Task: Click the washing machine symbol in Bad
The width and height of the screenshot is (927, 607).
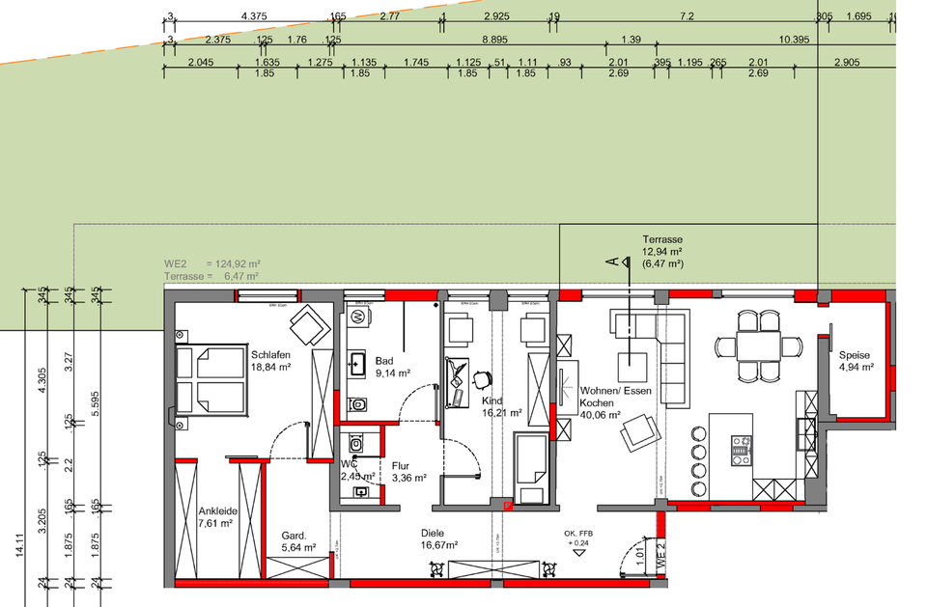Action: click(x=357, y=316)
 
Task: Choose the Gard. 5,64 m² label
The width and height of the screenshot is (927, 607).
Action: click(x=294, y=541)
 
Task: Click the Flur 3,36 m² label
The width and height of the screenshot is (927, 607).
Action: click(x=407, y=470)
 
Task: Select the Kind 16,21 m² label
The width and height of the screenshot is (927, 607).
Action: click(x=502, y=405)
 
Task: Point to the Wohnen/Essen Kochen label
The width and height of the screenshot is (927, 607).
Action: click(x=615, y=398)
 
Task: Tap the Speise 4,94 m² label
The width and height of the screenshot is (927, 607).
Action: click(x=856, y=361)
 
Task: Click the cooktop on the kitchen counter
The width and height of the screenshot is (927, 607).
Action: click(x=741, y=446)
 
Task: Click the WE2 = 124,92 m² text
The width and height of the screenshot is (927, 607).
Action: click(x=212, y=263)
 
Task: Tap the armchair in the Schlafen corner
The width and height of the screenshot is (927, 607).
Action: click(x=311, y=324)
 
